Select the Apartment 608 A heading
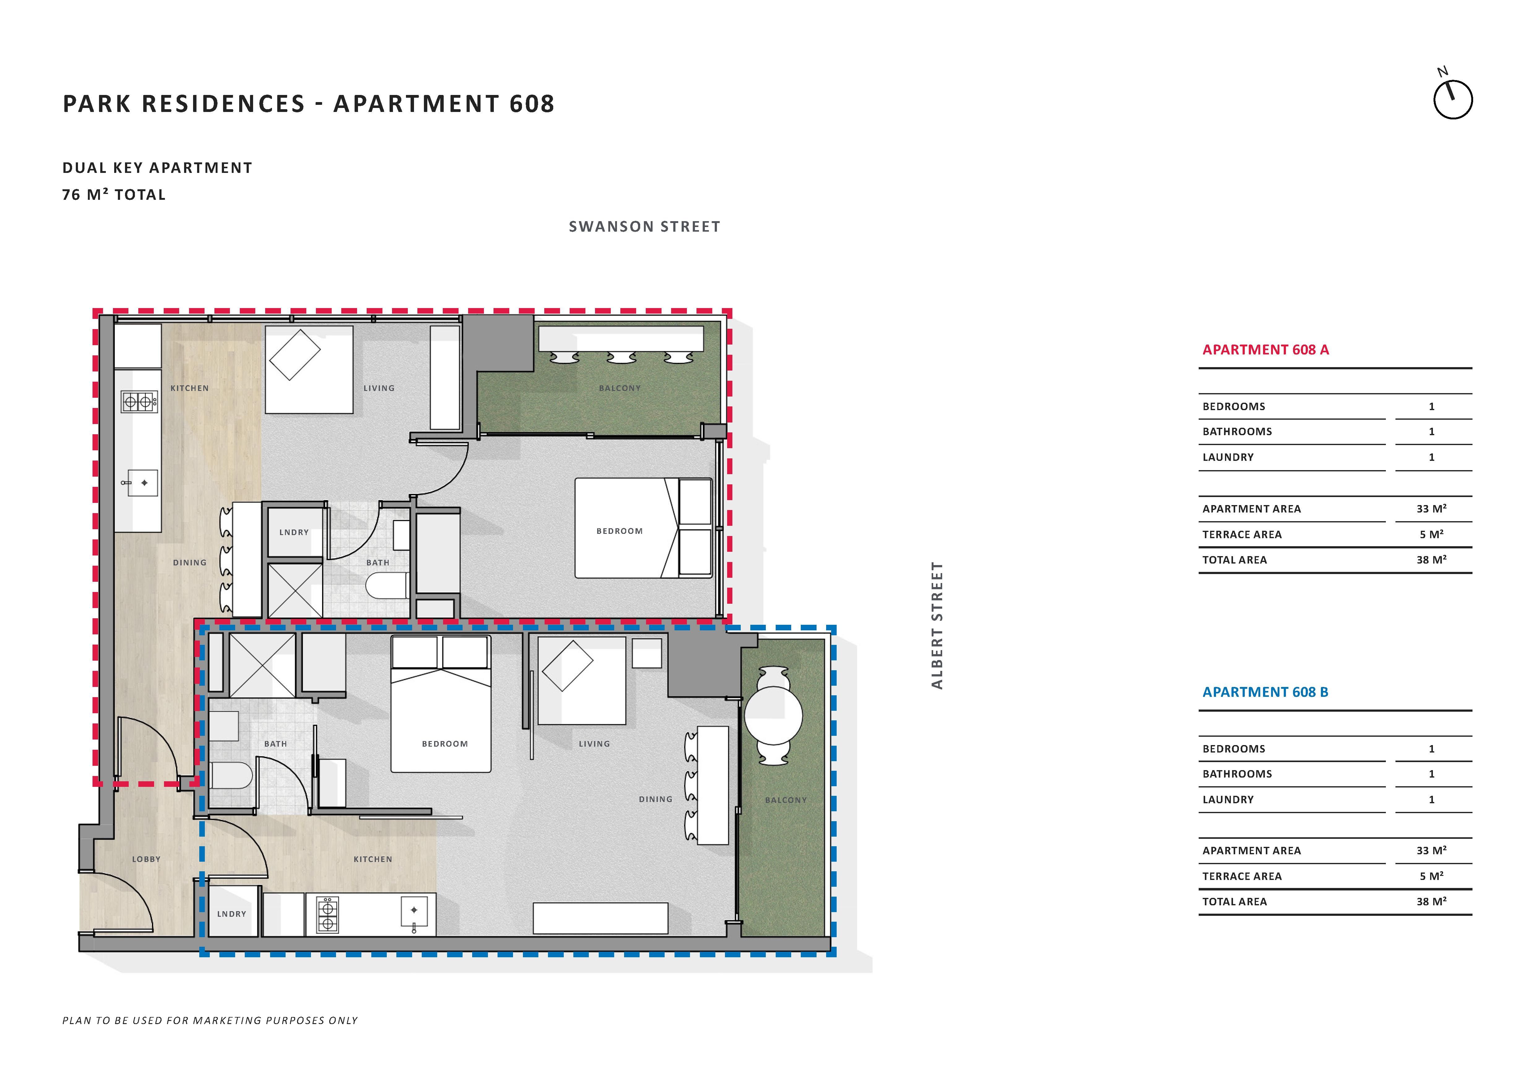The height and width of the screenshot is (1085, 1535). coord(1266,350)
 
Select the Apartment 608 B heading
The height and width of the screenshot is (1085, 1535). coord(1265,692)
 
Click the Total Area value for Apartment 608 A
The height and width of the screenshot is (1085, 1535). coord(1431,560)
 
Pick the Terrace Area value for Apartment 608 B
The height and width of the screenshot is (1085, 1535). coord(1431,876)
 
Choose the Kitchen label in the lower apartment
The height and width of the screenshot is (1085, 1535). coord(373,859)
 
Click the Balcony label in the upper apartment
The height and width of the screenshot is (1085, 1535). coord(620,388)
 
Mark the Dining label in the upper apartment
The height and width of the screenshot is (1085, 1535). coord(190,563)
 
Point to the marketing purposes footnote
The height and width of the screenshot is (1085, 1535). coord(210,1020)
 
